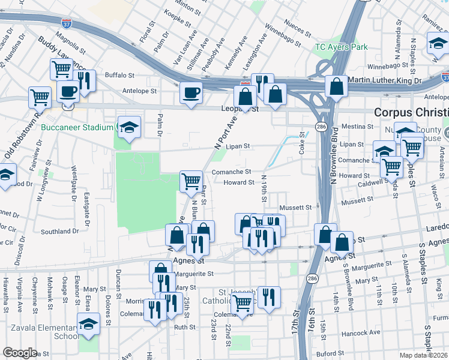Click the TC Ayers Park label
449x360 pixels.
342,47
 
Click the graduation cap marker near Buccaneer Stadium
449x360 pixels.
129,127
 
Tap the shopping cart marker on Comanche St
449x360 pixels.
191,180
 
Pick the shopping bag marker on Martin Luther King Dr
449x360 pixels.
337,86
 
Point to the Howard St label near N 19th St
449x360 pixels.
238,182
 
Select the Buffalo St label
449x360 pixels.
119,75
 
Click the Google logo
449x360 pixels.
20,353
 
